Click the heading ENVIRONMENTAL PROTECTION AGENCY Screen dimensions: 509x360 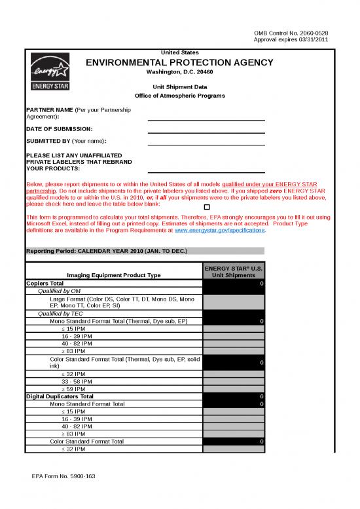179,62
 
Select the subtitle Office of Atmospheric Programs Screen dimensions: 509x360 179,96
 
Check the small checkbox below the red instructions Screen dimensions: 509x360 189,207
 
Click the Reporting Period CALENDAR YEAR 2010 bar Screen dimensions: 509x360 144,251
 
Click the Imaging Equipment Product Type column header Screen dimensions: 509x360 114,275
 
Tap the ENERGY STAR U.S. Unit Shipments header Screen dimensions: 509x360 234,272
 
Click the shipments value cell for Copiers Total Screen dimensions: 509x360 234,283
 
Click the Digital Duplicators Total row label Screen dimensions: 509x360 60,396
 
